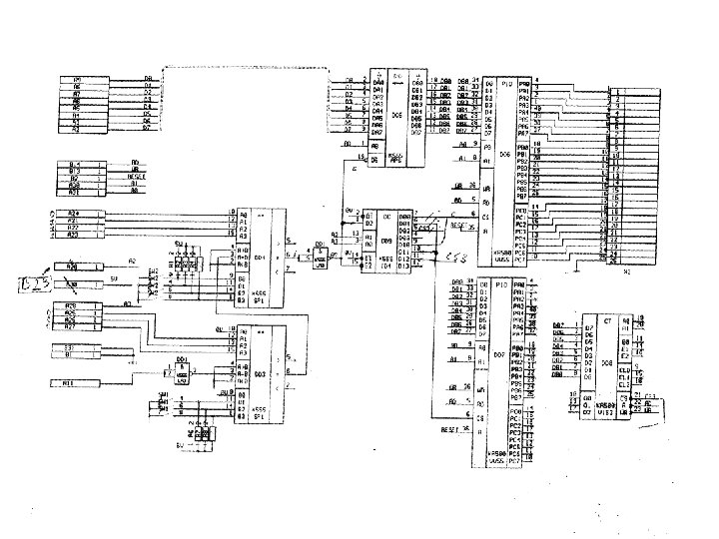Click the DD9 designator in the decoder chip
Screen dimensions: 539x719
coord(385,240)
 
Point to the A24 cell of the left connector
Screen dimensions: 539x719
coord(72,213)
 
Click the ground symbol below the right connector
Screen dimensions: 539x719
coord(579,267)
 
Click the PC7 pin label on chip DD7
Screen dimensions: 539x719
coord(515,461)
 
